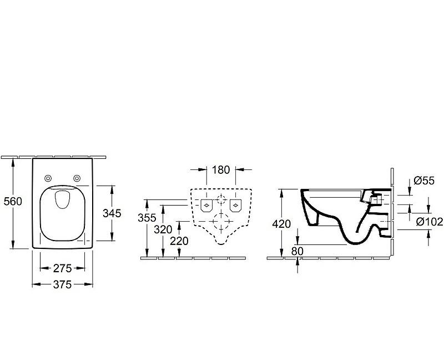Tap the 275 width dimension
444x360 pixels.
pos(62,268)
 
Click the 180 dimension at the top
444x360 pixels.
pos(221,169)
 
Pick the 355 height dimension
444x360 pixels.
pos(147,218)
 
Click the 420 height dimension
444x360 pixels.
pos(281,224)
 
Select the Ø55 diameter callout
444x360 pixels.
pos(423,181)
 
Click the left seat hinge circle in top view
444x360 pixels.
pos(48,178)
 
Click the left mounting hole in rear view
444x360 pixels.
pos(205,205)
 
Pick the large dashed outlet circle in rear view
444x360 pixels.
pos(220,225)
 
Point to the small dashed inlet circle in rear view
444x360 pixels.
pos(220,200)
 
